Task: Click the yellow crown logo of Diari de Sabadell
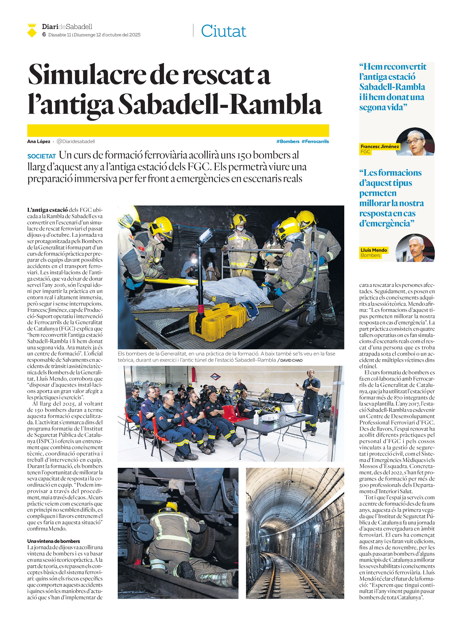pos(32,30)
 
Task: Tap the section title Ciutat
pos(223,31)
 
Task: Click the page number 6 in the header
pos(44,34)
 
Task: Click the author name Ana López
pos(39,141)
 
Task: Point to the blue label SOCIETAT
pos(42,156)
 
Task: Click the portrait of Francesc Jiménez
pos(415,142)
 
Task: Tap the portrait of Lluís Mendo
pos(415,248)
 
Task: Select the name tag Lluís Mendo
pos(374,250)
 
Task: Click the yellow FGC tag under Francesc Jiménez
pos(365,152)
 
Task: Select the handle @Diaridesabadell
pos(76,141)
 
